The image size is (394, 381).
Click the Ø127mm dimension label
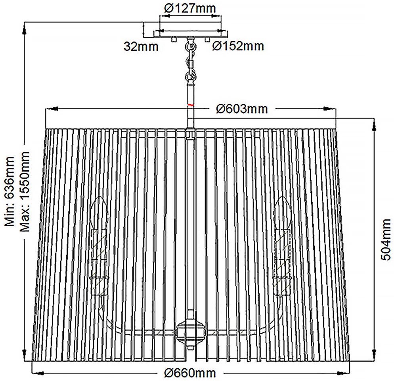click(190, 8)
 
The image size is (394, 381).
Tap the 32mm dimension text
click(141, 46)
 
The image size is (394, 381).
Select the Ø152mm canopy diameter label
click(238, 46)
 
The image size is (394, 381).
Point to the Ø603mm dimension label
click(242, 109)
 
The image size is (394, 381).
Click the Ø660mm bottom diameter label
click(190, 373)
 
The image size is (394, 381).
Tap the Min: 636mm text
click(10, 191)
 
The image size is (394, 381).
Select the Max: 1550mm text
click(25, 191)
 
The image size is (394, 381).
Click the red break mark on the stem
click(190, 105)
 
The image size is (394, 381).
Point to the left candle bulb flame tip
click(99, 197)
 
